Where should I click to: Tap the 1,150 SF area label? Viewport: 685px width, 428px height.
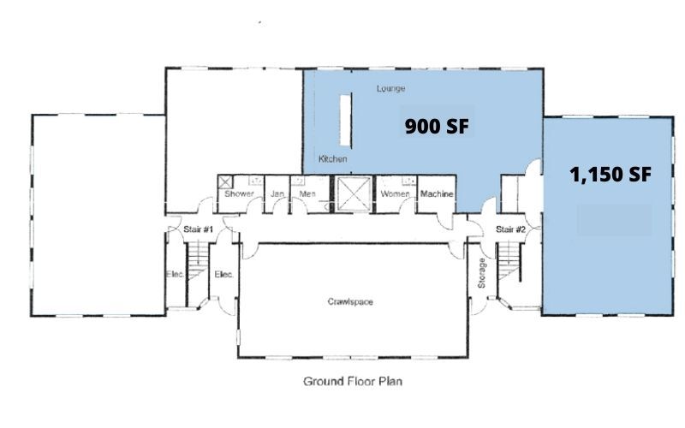[x=611, y=175]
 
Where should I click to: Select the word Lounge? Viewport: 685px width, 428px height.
[x=390, y=88]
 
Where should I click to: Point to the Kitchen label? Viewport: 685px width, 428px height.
[x=332, y=160]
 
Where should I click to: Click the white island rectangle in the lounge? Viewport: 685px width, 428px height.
[x=346, y=120]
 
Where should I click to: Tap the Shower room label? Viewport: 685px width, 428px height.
[x=240, y=194]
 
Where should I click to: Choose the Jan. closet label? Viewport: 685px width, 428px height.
[x=277, y=194]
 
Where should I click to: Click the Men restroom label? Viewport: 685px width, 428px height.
[x=307, y=194]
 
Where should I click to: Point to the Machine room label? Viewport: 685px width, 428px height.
[x=437, y=194]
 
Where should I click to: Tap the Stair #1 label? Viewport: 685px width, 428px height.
[x=198, y=229]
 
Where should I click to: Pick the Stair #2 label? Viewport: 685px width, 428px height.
[x=510, y=229]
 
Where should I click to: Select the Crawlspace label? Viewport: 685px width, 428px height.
[x=351, y=302]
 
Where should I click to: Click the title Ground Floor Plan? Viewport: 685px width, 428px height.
[x=352, y=382]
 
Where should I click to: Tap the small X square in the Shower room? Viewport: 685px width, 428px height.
[x=226, y=181]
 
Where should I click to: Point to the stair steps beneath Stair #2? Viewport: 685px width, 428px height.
[x=510, y=261]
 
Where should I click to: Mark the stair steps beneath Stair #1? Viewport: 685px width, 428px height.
[x=198, y=261]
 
